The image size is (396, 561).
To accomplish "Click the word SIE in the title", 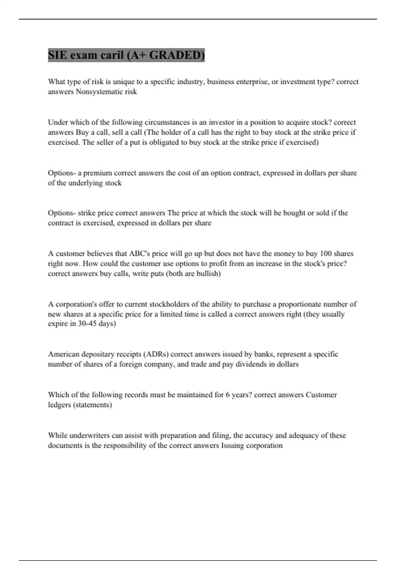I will (x=57, y=55).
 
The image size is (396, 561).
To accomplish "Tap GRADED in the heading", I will (x=177, y=55).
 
